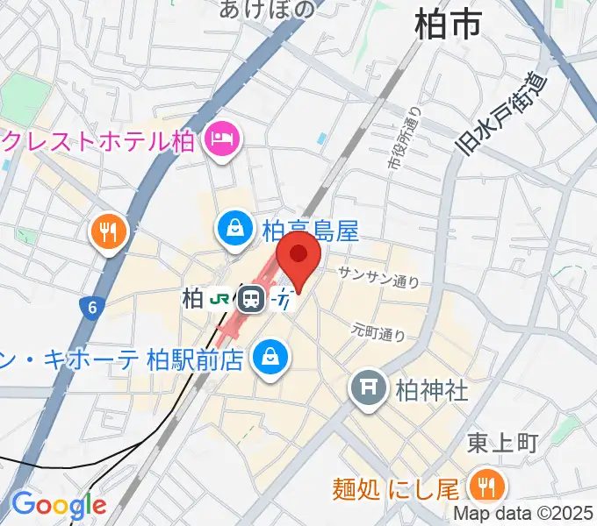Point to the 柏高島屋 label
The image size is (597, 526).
click(310, 231)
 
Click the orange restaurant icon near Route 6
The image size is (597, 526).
click(109, 231)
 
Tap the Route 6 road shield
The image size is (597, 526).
click(91, 307)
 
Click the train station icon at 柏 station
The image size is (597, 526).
click(253, 299)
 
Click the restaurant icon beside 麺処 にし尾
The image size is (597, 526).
click(484, 484)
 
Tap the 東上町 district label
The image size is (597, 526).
click(501, 443)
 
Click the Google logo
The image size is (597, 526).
click(58, 504)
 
